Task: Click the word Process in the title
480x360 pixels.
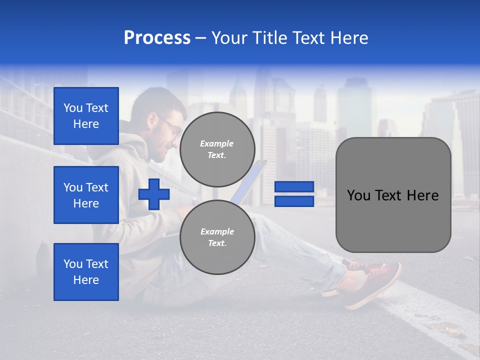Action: tap(157, 38)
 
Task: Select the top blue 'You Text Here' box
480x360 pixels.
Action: tap(86, 116)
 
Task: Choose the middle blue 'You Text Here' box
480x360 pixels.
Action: tap(86, 195)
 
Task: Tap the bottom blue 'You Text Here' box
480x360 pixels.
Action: tap(86, 272)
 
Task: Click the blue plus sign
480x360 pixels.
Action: tap(154, 194)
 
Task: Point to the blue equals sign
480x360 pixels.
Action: tap(294, 194)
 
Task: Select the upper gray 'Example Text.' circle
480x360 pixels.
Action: tap(217, 149)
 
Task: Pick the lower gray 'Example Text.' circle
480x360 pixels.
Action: tap(217, 237)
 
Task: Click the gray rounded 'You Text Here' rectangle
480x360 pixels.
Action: tap(393, 195)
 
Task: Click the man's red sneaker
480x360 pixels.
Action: tap(372, 282)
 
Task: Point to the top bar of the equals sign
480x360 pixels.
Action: tap(294, 186)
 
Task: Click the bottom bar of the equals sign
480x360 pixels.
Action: tap(294, 201)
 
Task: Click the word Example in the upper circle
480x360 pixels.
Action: tap(217, 143)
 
